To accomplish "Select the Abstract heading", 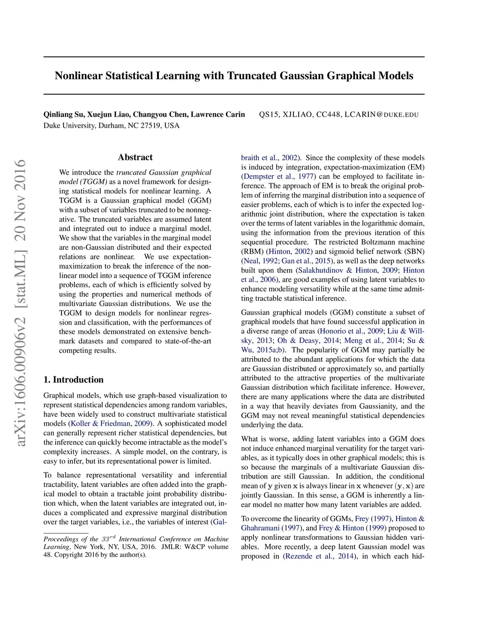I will (135, 157).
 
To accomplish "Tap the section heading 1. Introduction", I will (74, 380).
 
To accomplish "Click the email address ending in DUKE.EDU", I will (338, 115).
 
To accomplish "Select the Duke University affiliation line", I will (112, 126).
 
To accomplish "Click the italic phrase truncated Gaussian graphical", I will (164, 172).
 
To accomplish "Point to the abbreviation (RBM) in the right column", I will (253, 252).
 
